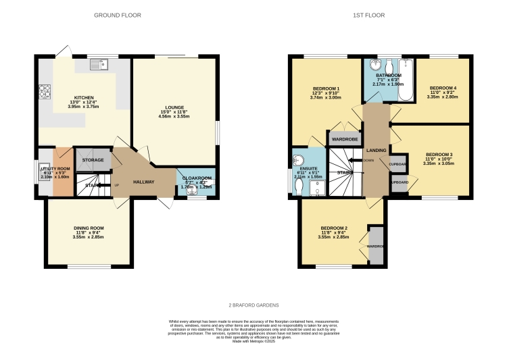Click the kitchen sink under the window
[99, 65]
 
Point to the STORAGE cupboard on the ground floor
[93, 160]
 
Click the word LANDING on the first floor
[376, 150]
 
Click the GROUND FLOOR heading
[118, 15]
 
